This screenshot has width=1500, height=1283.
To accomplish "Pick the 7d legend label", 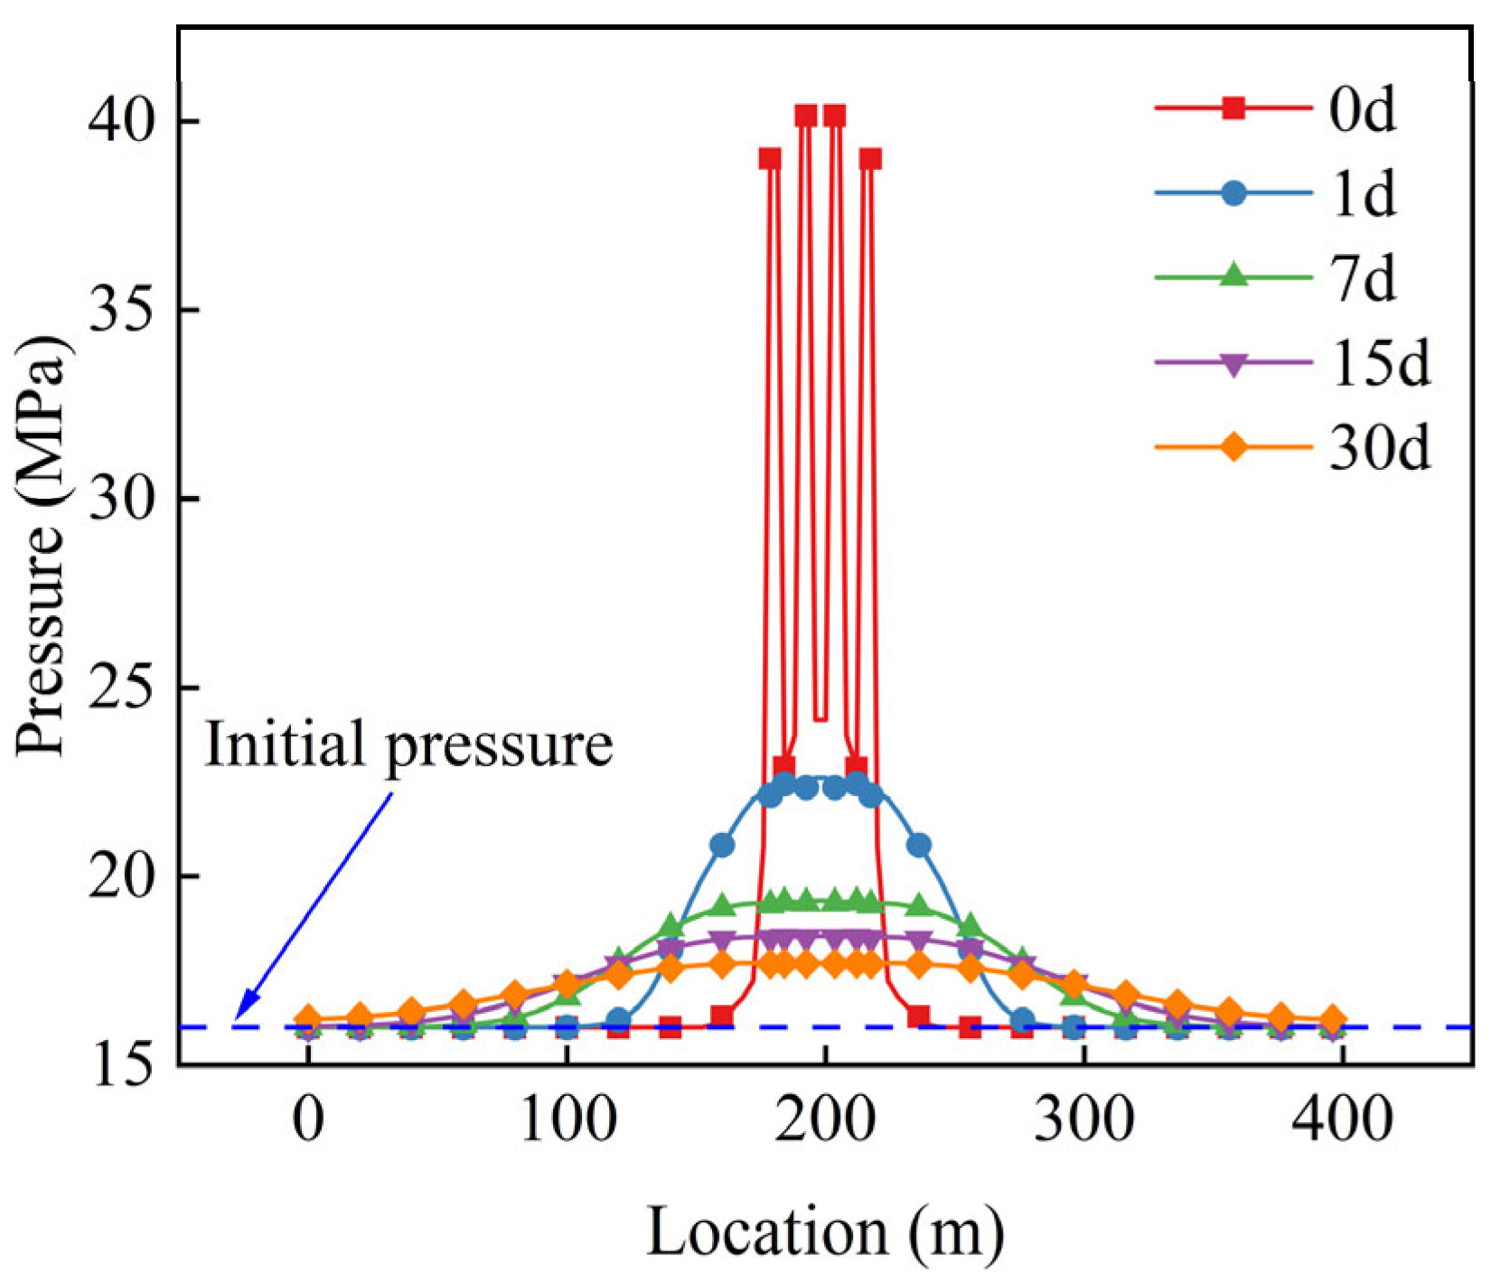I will (1362, 278).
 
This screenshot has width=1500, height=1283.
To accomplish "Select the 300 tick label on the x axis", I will (1083, 1120).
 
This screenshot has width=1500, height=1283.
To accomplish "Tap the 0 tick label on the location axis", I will (308, 1120).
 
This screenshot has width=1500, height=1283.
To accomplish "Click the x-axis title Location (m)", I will (825, 1232).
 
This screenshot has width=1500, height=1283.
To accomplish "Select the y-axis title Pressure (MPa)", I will (42, 547).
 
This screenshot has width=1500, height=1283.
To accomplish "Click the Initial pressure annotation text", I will (408, 745).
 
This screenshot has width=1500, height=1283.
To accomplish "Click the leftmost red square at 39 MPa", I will (769, 160).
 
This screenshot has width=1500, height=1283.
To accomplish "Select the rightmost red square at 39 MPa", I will (870, 160).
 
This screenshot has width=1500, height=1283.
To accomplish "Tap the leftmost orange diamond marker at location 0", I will (308, 1018).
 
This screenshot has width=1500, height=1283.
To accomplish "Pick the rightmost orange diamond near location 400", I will (1332, 1020).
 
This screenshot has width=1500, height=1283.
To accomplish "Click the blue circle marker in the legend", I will (1233, 192).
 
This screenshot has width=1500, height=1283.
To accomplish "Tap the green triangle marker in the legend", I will (1233, 276).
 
